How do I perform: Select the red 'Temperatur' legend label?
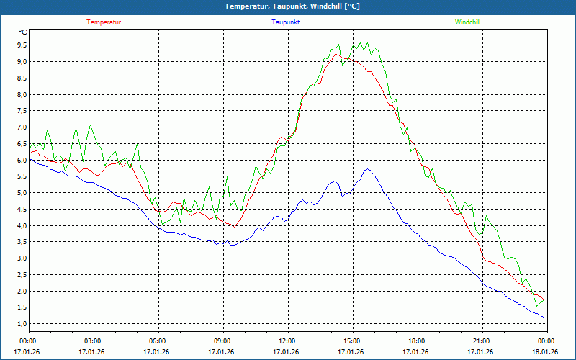point(104,22)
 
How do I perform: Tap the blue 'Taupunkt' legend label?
point(286,22)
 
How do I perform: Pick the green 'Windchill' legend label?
point(467,22)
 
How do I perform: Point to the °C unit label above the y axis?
point(23,32)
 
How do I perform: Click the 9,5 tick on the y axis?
point(22,45)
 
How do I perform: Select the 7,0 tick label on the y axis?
point(22,127)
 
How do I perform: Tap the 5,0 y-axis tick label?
point(22,192)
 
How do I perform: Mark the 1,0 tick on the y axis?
point(22,323)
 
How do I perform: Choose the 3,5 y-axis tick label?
point(22,241)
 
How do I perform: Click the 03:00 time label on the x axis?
point(93,341)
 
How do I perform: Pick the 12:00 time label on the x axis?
point(287,341)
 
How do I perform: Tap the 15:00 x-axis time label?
point(351,341)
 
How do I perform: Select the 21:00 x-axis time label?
point(481,341)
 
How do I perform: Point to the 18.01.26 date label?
point(545,351)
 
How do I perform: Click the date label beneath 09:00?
point(222,351)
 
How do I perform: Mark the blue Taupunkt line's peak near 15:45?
point(368,169)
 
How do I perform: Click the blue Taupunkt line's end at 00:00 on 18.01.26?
point(544,317)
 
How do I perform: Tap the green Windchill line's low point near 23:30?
point(536,306)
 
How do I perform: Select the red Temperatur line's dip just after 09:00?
point(234,227)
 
